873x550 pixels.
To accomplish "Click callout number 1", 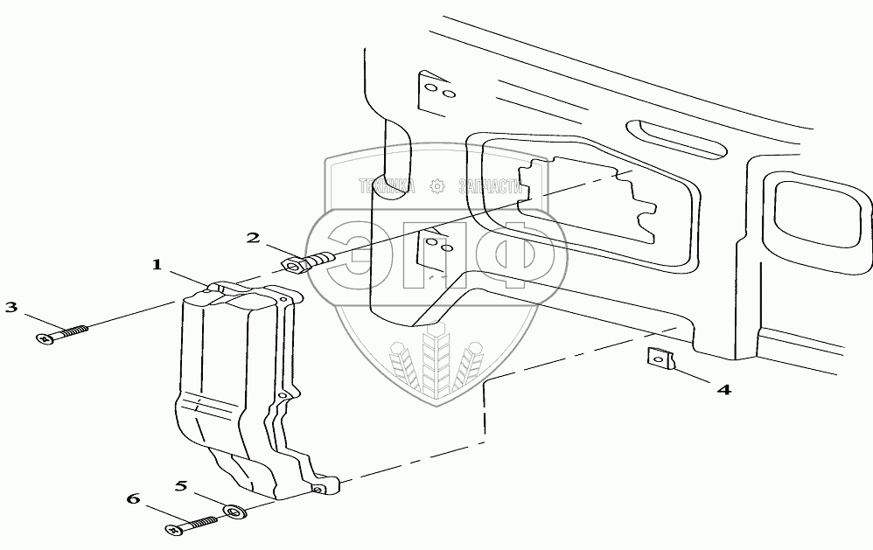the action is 158,265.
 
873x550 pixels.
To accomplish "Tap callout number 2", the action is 252,238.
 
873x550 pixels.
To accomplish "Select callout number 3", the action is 11,307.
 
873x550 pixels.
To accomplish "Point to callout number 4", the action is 723,389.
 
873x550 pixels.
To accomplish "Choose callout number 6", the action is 133,499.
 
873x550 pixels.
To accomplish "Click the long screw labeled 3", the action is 64,333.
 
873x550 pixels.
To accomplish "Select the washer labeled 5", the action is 234,511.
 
